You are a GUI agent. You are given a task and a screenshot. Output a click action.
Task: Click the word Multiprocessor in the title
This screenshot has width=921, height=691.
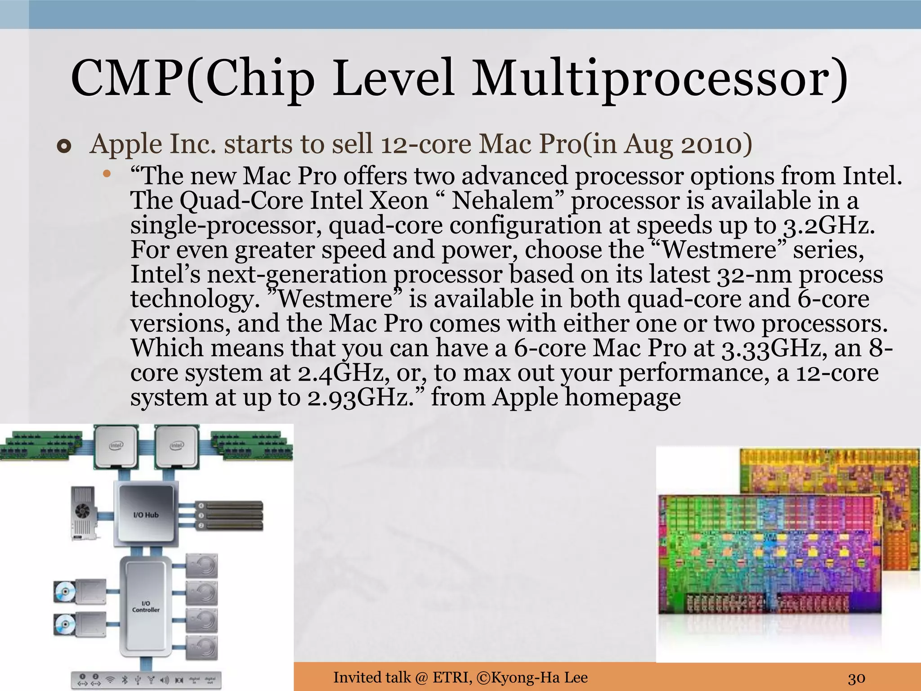point(659,79)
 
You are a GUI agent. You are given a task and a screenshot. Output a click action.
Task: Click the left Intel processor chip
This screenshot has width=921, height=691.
point(116,446)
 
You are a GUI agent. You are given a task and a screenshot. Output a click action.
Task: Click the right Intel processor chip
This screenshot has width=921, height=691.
point(176,446)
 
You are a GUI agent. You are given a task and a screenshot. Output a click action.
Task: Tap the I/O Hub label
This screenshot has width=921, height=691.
point(146,515)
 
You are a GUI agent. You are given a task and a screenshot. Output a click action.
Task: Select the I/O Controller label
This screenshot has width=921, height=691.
point(146,606)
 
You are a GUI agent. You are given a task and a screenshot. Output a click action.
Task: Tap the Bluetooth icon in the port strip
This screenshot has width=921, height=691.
point(125,679)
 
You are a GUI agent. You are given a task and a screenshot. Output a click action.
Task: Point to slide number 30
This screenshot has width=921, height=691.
point(857,678)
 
